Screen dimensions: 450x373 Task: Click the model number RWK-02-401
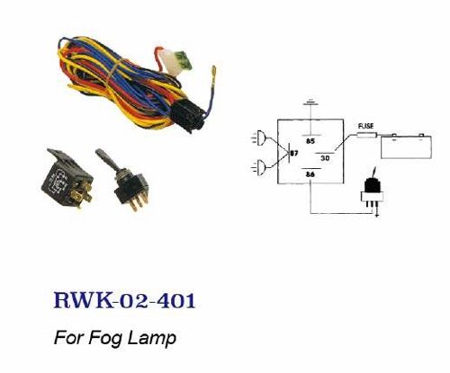coord(124,300)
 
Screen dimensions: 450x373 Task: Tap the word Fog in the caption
coord(105,338)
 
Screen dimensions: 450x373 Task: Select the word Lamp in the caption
coord(151,338)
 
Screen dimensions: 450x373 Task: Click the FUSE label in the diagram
coord(366,126)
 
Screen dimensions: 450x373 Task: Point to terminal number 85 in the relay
coord(310,141)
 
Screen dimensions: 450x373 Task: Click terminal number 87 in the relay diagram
coord(294,153)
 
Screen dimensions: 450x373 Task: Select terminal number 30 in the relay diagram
coord(325,158)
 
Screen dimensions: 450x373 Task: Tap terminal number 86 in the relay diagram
coord(310,173)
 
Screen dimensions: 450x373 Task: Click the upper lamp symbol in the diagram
coord(260,138)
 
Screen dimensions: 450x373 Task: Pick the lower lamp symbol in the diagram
coord(260,167)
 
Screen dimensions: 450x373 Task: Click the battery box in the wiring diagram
coord(406,147)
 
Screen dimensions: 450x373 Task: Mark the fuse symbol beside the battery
coord(367,135)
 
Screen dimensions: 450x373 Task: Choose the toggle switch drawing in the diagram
coord(373,191)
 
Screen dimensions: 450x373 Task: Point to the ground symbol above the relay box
coord(310,102)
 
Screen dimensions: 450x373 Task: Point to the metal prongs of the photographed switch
coord(139,200)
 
